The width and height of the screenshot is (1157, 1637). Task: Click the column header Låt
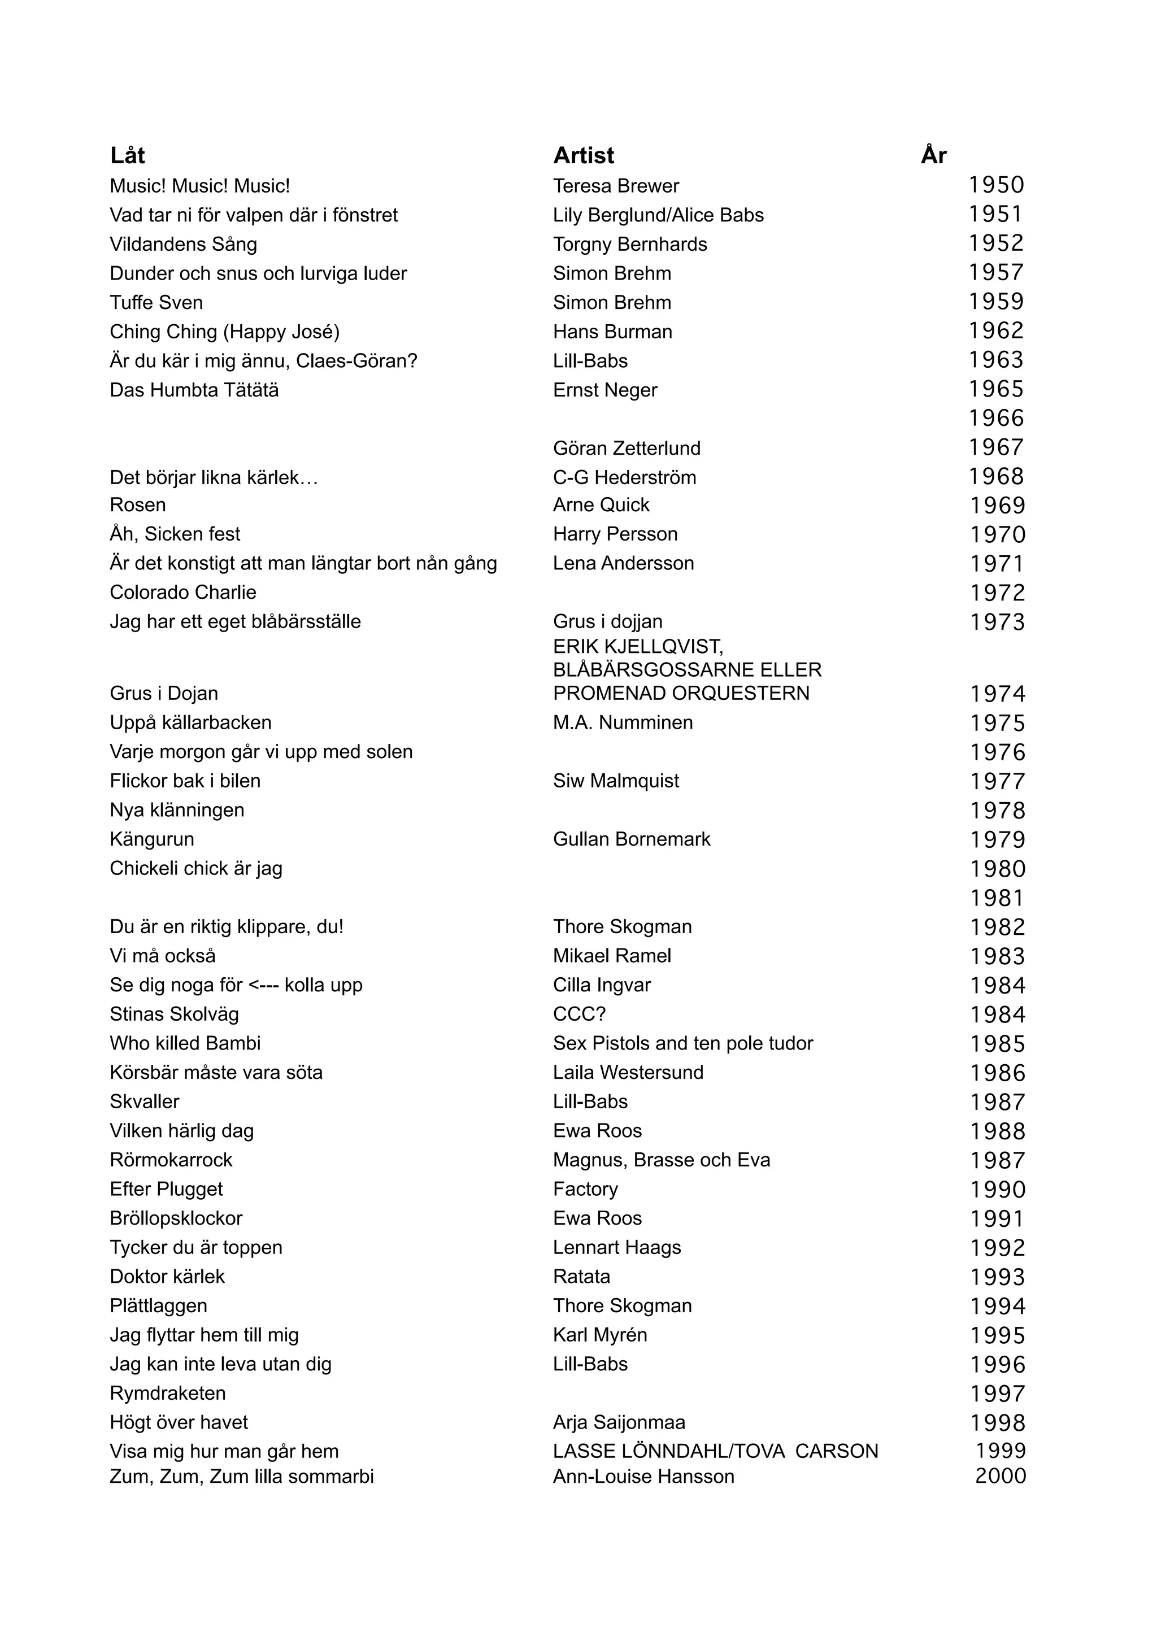[x=128, y=155]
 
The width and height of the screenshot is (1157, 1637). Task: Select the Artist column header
[x=583, y=155]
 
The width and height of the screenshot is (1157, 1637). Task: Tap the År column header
[x=933, y=155]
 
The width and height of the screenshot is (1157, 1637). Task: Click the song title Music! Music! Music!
[x=199, y=186]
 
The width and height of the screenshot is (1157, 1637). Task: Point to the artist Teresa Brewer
[x=616, y=186]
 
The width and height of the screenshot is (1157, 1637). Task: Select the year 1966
[x=996, y=419]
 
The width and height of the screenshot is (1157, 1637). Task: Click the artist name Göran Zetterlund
[x=627, y=449]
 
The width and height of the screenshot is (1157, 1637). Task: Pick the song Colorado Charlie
[x=182, y=593]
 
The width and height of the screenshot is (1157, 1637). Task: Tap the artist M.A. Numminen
[x=623, y=723]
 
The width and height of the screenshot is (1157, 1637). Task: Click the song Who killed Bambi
[x=185, y=1044]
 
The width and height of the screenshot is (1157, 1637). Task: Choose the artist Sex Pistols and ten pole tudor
[x=682, y=1044]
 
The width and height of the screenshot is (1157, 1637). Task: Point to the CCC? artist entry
[x=579, y=1015]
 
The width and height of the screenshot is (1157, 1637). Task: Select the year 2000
[x=1000, y=1476]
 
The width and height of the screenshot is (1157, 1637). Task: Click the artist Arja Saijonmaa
[x=619, y=1422]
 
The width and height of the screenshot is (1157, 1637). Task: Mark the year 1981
[x=997, y=898]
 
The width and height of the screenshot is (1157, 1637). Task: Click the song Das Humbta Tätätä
[x=194, y=390]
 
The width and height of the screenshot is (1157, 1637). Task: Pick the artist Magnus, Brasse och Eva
[x=661, y=1160]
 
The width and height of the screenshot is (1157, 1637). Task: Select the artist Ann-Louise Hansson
[x=643, y=1476]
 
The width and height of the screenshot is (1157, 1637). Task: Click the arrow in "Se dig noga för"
[x=263, y=985]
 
